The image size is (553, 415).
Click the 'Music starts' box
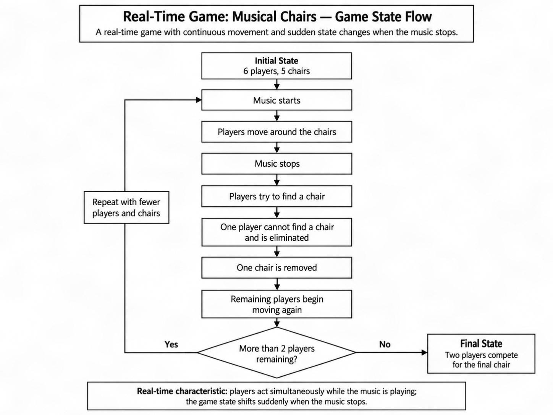click(x=276, y=100)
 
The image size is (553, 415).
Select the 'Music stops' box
click(x=276, y=164)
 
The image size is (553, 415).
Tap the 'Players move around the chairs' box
click(x=276, y=132)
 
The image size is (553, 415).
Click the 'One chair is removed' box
click(x=276, y=267)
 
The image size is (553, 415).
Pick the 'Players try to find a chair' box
click(x=276, y=196)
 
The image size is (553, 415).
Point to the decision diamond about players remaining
click(x=276, y=352)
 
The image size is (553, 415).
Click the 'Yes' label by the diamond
click(x=171, y=344)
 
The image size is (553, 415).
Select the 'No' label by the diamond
click(x=385, y=344)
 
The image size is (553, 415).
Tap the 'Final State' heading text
click(x=481, y=344)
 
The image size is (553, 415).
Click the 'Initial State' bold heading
click(x=276, y=61)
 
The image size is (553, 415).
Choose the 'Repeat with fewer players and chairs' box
click(x=126, y=207)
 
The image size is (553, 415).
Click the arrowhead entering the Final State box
click(x=425, y=352)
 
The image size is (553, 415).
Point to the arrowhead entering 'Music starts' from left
click(x=199, y=100)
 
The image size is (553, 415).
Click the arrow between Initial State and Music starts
click(x=276, y=84)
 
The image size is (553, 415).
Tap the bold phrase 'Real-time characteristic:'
click(x=182, y=391)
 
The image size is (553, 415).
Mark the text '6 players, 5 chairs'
click(x=276, y=71)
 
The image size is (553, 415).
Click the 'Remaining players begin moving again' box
click(x=276, y=304)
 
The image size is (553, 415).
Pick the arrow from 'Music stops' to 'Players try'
click(x=276, y=180)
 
